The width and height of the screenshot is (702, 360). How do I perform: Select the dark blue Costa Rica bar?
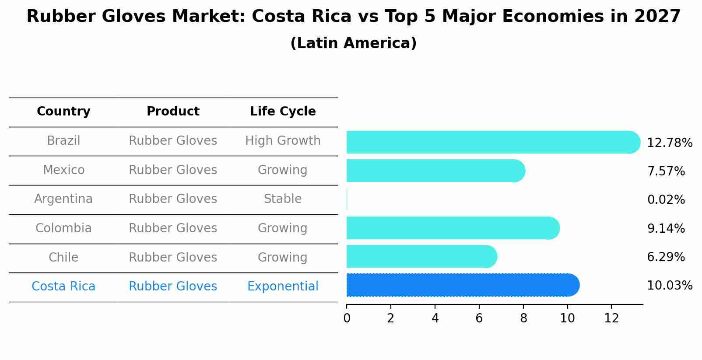pyautogui.click(x=462, y=285)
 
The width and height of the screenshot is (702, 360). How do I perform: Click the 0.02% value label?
pyautogui.click(x=666, y=200)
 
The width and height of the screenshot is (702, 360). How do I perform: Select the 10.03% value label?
pyautogui.click(x=669, y=286)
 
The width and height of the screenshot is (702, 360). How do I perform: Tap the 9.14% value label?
pyautogui.click(x=666, y=228)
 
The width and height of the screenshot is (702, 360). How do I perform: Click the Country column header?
pyautogui.click(x=63, y=112)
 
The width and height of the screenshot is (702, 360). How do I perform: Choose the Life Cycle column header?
pyautogui.click(x=283, y=112)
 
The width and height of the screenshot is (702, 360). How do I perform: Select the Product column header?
pyautogui.click(x=173, y=112)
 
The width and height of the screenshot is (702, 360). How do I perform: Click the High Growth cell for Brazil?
pyautogui.click(x=283, y=141)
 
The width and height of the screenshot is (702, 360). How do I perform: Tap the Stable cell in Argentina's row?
pyautogui.click(x=283, y=199)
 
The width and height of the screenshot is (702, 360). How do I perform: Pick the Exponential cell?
pyautogui.click(x=283, y=287)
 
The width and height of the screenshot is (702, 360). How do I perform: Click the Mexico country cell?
pyautogui.click(x=63, y=170)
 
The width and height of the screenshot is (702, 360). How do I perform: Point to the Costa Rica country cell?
pyautogui.click(x=63, y=287)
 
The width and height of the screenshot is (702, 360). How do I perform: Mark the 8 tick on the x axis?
pyautogui.click(x=523, y=318)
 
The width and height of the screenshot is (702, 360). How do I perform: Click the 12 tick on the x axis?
pyautogui.click(x=611, y=318)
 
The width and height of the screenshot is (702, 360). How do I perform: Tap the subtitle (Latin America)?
pyautogui.click(x=353, y=43)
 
